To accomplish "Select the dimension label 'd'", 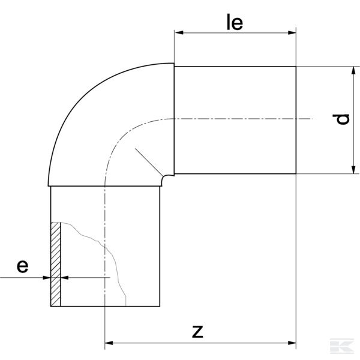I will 343,119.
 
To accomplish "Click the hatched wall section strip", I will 56,264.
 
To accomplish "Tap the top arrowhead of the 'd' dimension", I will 352,70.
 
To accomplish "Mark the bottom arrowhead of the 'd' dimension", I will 352,170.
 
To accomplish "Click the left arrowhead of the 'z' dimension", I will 110,344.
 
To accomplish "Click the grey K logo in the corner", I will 346,346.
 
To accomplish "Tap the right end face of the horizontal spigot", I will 296,120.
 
